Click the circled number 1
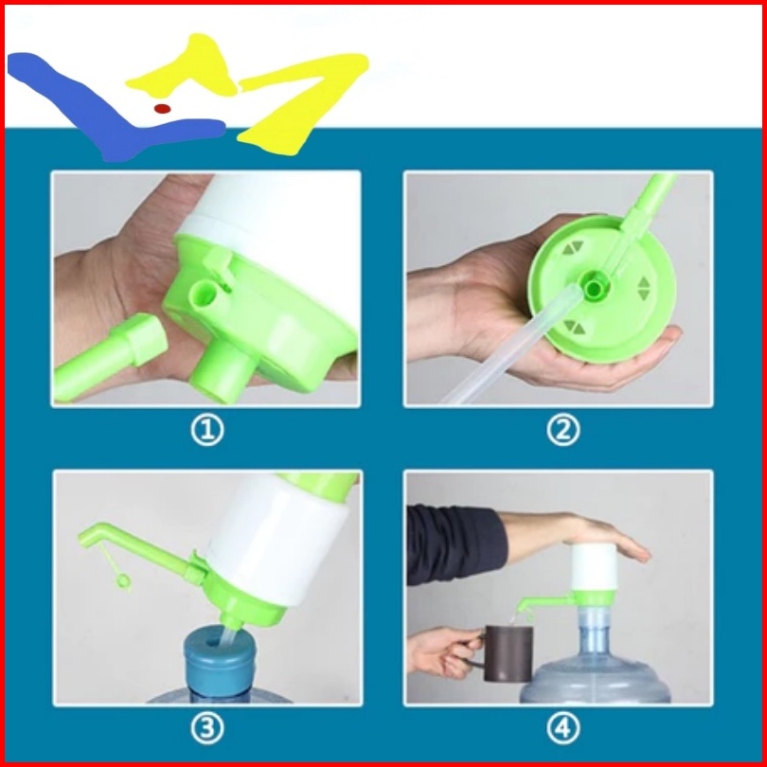(x=207, y=430)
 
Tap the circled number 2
(x=562, y=430)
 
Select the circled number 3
(x=207, y=729)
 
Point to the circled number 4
(x=562, y=729)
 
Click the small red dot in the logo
(x=162, y=108)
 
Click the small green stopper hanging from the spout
(x=122, y=580)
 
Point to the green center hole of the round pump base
(x=594, y=287)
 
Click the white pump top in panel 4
(x=594, y=567)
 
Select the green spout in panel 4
(x=545, y=602)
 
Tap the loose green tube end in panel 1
(x=109, y=355)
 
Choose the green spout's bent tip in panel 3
(x=87, y=536)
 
